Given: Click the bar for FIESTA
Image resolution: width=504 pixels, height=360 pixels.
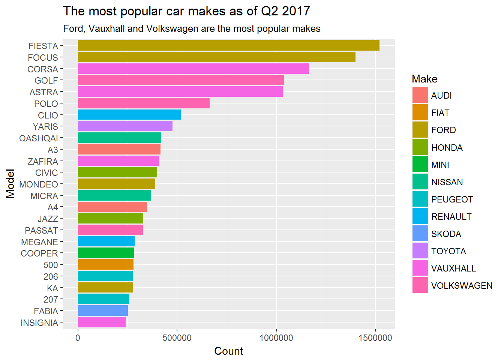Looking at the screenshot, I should tap(228, 46).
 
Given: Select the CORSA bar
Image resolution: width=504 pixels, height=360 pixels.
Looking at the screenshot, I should tap(193, 69).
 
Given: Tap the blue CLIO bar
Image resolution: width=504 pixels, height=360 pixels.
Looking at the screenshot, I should tap(129, 115).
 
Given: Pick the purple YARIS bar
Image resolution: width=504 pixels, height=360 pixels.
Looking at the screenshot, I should tap(125, 126).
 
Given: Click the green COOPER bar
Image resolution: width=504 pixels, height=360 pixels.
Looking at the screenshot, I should tap(106, 253).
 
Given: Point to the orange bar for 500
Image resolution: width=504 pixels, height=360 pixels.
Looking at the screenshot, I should tap(105, 265).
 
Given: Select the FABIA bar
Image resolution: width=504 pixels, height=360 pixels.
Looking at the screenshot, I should tap(103, 311).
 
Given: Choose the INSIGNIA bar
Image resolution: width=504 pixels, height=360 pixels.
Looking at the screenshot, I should tap(102, 322).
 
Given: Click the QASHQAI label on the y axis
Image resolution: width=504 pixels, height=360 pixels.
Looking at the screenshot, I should tap(39, 138).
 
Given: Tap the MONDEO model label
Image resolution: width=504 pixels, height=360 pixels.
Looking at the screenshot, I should tap(39, 184).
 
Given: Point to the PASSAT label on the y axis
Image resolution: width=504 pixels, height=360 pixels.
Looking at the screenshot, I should tap(41, 231).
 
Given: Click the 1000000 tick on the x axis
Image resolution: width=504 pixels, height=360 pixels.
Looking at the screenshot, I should tap(276, 338).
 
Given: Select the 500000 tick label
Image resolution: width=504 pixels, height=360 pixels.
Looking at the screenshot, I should tap(177, 338).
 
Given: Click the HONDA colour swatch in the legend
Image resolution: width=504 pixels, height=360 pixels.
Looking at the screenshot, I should tap(420, 147).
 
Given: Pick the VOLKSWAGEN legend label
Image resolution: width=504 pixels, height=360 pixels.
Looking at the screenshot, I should tap(462, 286).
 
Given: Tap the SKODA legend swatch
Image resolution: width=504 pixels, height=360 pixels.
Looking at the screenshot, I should tap(420, 233).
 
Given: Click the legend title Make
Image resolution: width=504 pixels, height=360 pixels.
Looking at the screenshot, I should tap(424, 79).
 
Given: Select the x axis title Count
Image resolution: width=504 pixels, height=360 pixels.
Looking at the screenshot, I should tap(228, 351).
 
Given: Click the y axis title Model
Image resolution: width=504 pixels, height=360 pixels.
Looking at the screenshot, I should tap(10, 184).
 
